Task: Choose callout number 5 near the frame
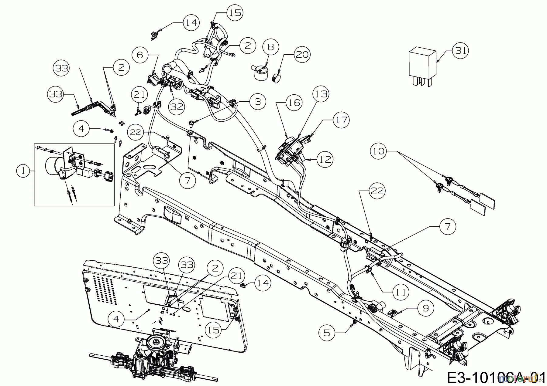click(x=327, y=333)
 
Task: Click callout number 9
click(x=426, y=308)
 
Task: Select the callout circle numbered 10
click(x=379, y=151)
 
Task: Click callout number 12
click(x=325, y=159)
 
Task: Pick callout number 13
click(x=321, y=94)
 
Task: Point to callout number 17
click(x=341, y=120)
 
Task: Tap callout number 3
click(x=258, y=101)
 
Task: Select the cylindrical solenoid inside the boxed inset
click(x=53, y=166)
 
